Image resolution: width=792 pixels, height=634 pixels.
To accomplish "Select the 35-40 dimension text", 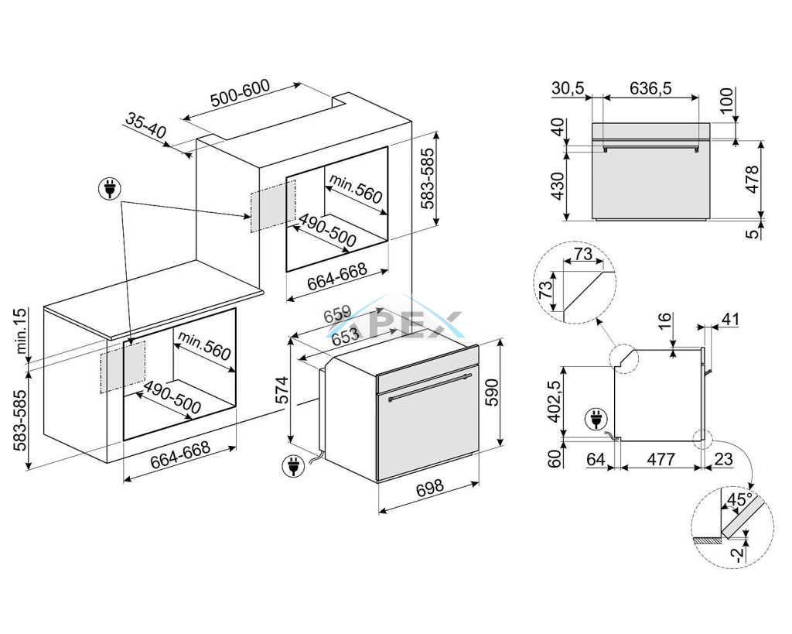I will point(146,126).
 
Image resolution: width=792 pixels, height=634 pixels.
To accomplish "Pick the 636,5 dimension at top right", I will point(650,88).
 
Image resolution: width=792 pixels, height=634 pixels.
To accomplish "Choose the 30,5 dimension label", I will point(568,88).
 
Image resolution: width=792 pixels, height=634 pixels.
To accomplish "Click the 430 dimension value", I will point(556,186).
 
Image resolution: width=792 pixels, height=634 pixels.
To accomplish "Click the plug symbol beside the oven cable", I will point(294,466).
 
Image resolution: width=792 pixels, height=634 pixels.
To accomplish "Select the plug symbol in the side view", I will point(596,420).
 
